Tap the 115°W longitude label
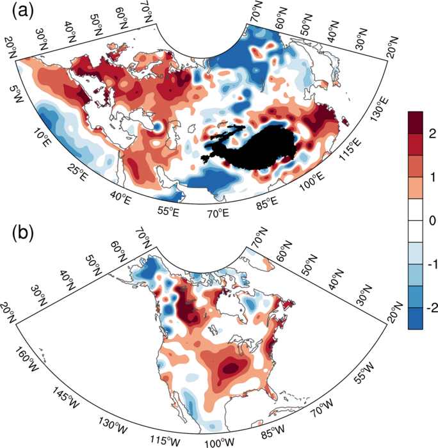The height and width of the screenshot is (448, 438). (x=166, y=439)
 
